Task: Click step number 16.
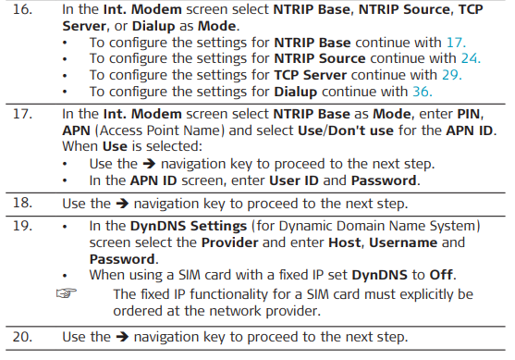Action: (22, 9)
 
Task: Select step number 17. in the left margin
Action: (22, 114)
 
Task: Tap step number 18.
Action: (22, 203)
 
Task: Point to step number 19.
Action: (22, 226)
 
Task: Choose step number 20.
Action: (22, 337)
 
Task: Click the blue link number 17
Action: (456, 43)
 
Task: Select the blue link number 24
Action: (471, 58)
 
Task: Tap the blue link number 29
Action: (452, 75)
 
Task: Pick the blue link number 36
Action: (423, 92)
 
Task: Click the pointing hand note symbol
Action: (67, 292)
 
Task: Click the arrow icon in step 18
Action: (122, 204)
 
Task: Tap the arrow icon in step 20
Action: (122, 337)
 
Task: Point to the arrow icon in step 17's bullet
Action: (149, 164)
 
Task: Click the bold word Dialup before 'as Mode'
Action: (153, 26)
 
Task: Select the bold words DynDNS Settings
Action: (189, 226)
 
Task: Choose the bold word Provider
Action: (229, 242)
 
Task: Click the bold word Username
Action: (403, 242)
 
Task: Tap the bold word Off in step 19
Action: (441, 275)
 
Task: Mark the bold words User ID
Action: (294, 180)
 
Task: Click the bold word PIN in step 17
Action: (469, 114)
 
